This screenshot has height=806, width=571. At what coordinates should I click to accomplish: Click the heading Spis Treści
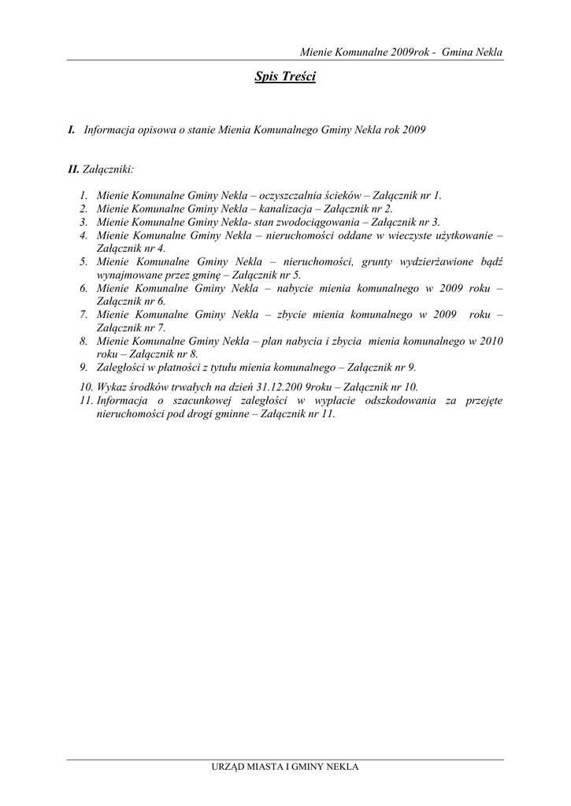tap(285, 77)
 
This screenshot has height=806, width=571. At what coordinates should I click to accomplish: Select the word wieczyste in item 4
tap(404, 235)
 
